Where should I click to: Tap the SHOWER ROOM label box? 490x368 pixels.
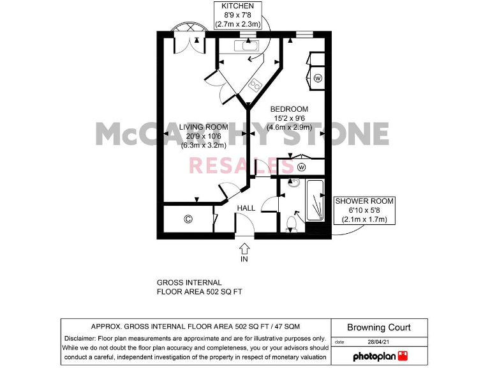point(364,210)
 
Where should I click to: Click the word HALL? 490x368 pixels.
point(246,208)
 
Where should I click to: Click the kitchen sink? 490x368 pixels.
point(246,45)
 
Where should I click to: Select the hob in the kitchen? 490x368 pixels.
point(256,84)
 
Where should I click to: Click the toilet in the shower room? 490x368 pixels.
point(292,222)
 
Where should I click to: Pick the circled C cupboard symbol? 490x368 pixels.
point(188,219)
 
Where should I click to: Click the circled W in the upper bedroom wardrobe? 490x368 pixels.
point(318,79)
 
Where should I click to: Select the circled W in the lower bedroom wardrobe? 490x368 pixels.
point(301,167)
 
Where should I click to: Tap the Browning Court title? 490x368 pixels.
point(379,328)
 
